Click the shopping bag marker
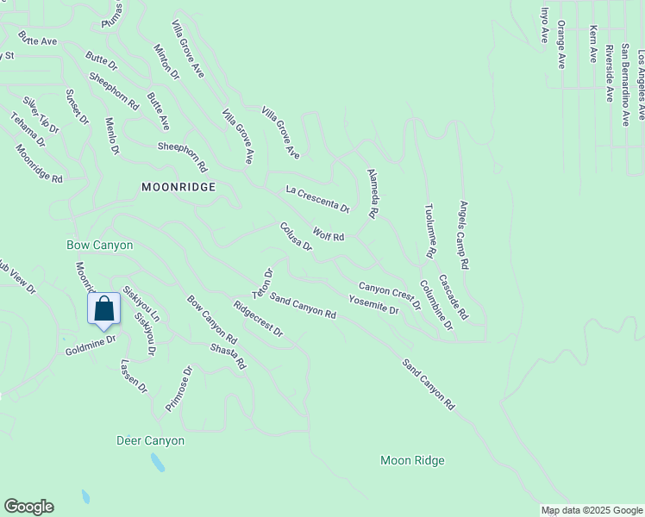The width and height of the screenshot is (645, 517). pyautogui.click(x=103, y=308)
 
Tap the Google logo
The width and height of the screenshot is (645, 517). pyautogui.click(x=28, y=507)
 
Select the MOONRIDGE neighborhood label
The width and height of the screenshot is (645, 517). pyautogui.click(x=178, y=186)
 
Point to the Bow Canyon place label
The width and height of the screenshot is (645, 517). pyautogui.click(x=100, y=245)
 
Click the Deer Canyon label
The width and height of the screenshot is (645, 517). pyautogui.click(x=150, y=440)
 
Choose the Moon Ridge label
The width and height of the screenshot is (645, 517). pyautogui.click(x=412, y=460)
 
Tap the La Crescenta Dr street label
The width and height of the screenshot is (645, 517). pyautogui.click(x=317, y=198)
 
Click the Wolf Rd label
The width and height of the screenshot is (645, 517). pyautogui.click(x=329, y=235)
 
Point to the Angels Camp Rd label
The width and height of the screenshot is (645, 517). pyautogui.click(x=464, y=235)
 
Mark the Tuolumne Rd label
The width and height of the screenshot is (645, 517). pyautogui.click(x=429, y=231)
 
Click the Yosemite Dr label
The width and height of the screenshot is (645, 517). pyautogui.click(x=373, y=304)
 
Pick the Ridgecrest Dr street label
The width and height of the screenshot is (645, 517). pyautogui.click(x=258, y=319)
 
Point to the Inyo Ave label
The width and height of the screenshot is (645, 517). pyautogui.click(x=544, y=26)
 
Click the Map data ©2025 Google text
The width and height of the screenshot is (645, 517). pyautogui.click(x=592, y=510)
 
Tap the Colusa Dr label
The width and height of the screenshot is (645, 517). pyautogui.click(x=295, y=237)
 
